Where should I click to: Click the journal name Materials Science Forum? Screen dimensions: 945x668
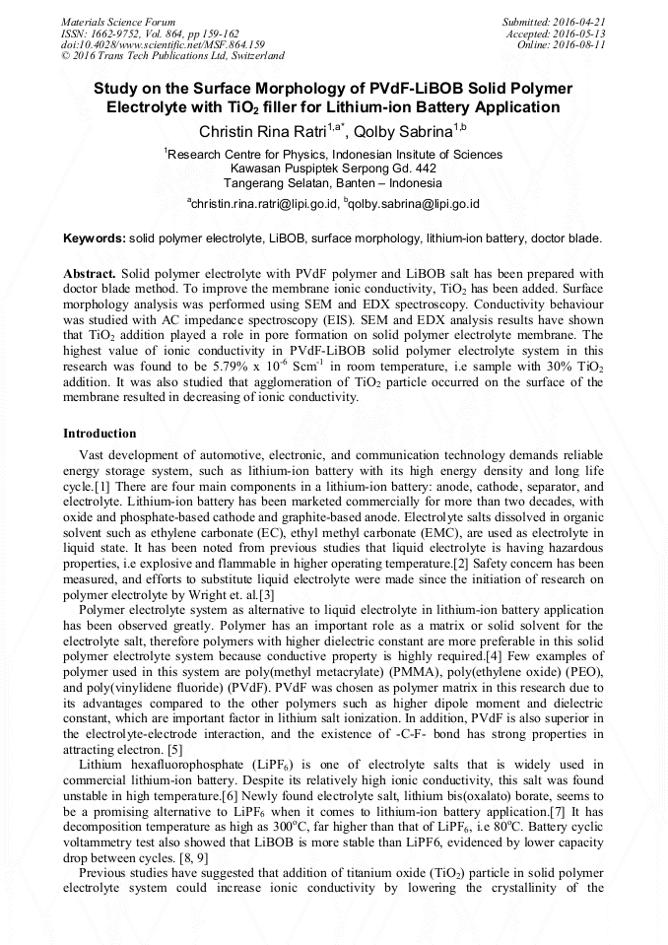[x=118, y=22]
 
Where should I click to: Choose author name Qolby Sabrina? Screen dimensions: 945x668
[x=402, y=132]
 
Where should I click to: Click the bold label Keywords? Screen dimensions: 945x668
[x=95, y=238]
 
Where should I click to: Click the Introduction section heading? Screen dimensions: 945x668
[x=100, y=433]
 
